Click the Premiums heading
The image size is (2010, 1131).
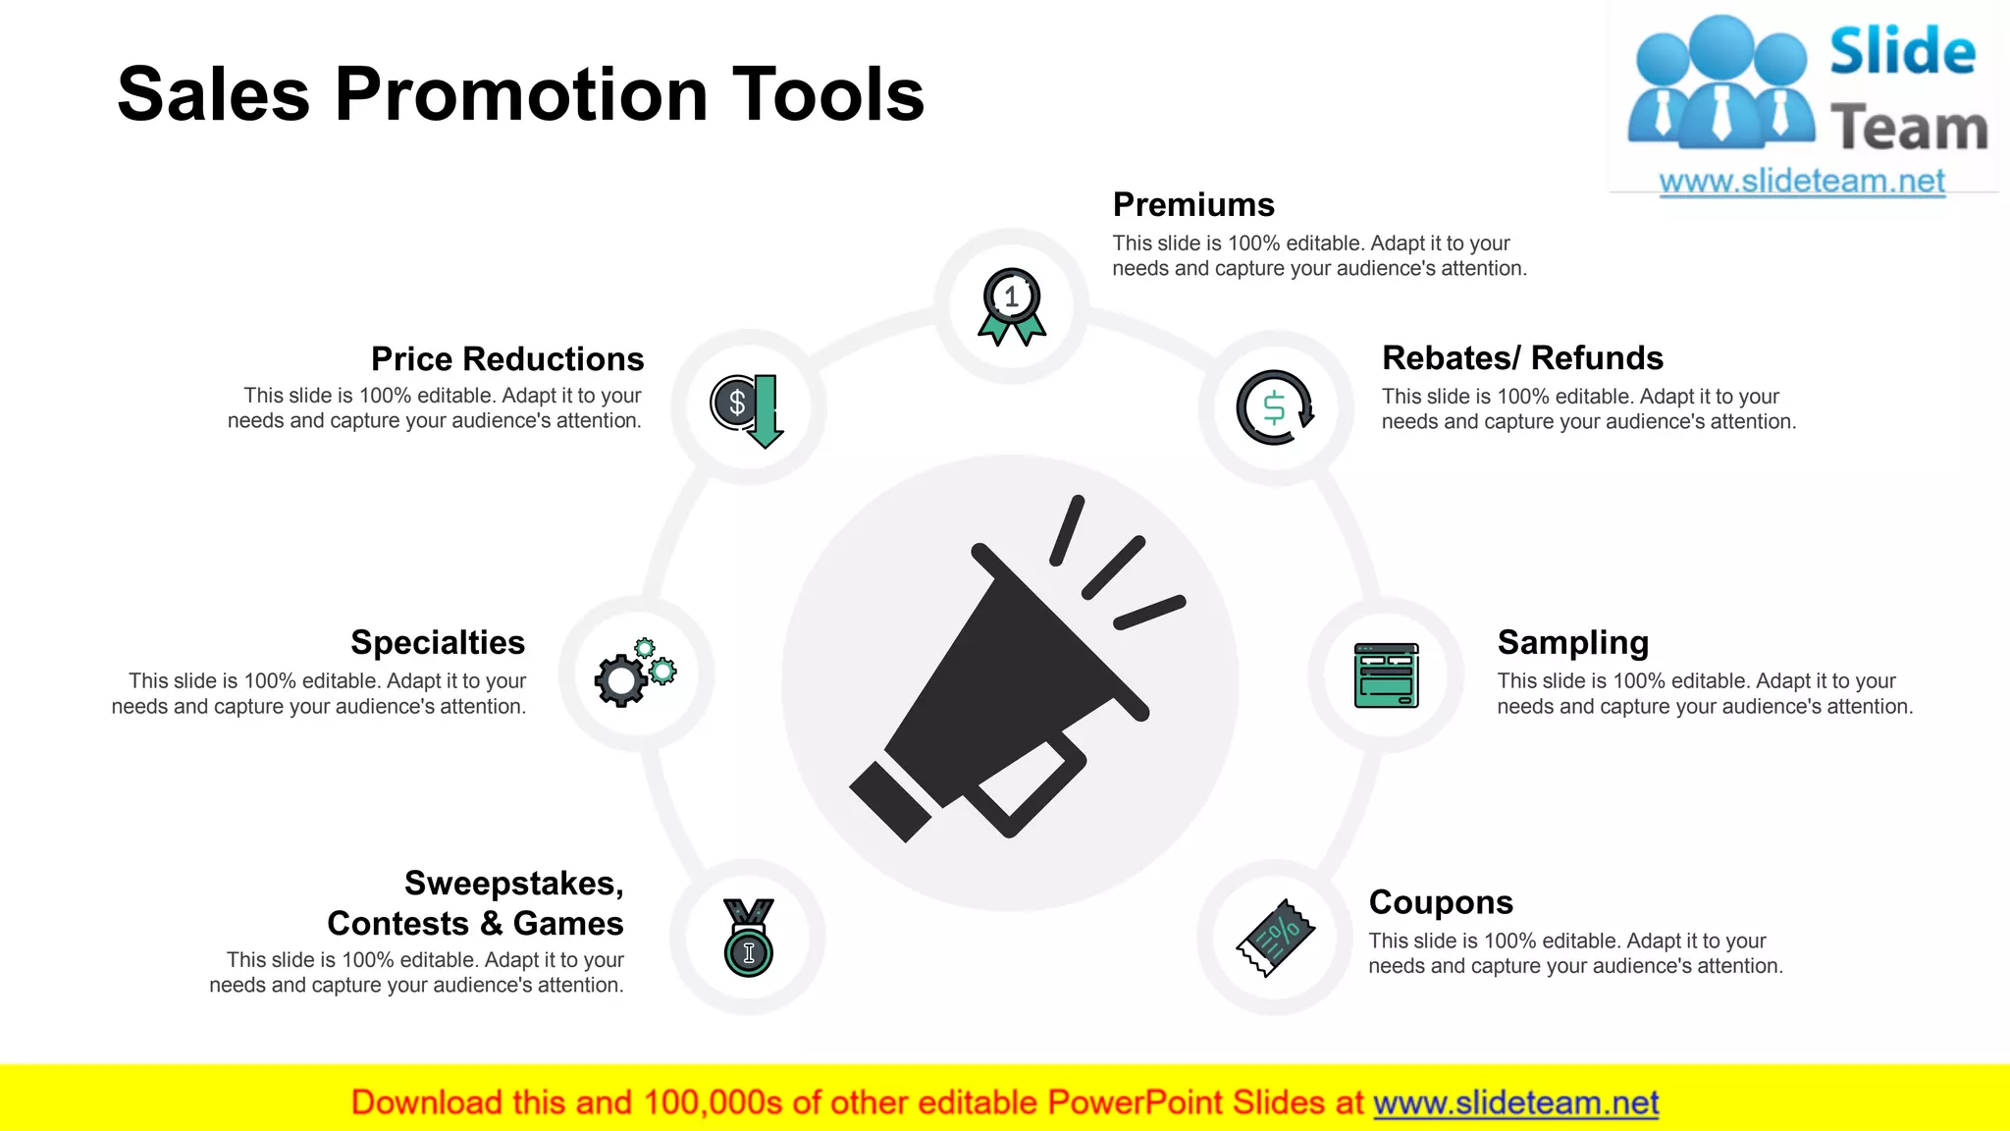(1192, 205)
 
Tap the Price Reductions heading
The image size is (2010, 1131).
(506, 359)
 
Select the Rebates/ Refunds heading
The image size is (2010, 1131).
(1522, 358)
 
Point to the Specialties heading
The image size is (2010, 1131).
(438, 643)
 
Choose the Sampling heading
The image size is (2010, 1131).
(1572, 643)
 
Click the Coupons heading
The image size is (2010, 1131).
(1440, 902)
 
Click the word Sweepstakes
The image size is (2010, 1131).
(512, 884)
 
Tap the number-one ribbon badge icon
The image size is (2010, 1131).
(1012, 305)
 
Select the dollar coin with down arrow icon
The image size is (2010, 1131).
(748, 408)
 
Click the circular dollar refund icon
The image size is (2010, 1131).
(1275, 407)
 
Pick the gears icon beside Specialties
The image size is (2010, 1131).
(635, 673)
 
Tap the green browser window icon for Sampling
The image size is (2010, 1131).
(1386, 675)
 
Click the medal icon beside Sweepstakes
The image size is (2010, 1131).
(748, 938)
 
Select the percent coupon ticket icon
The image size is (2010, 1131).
(1275, 939)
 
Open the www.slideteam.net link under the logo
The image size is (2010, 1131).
(1801, 182)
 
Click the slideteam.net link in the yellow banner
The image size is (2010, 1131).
(1515, 1104)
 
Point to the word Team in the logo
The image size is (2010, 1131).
(1908, 129)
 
